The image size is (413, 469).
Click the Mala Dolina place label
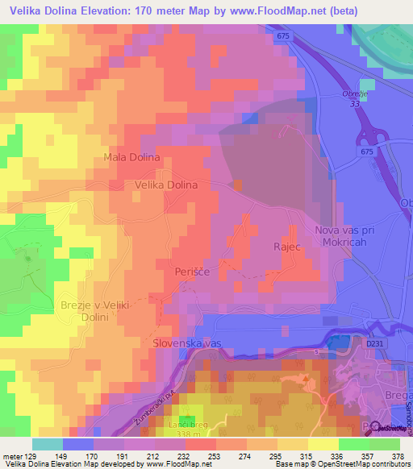pyautogui.click(x=132, y=157)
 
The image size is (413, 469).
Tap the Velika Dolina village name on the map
pyautogui.click(x=165, y=185)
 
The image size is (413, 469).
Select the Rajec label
pyautogui.click(x=287, y=247)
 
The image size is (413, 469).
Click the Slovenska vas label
pyautogui.click(x=187, y=343)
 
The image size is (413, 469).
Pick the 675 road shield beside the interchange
pyautogui.click(x=367, y=151)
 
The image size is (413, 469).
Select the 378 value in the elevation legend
pyautogui.click(x=398, y=455)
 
